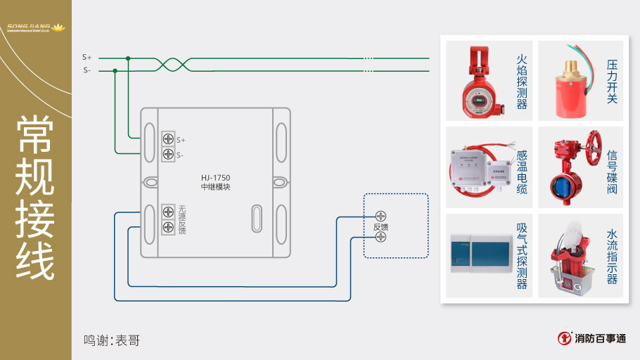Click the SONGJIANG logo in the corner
pyautogui.click(x=34, y=28)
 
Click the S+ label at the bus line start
pyautogui.click(x=87, y=57)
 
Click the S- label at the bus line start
pyautogui.click(x=87, y=70)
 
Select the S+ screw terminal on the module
pyautogui.click(x=169, y=139)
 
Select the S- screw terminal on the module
pyautogui.click(x=169, y=154)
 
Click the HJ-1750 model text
pyautogui.click(x=216, y=177)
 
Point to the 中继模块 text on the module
pyautogui.click(x=216, y=187)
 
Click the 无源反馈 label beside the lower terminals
pyautogui.click(x=182, y=219)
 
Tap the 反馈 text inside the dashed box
pyautogui.click(x=380, y=227)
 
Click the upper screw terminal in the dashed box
pyautogui.click(x=380, y=216)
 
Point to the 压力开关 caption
pyautogui.click(x=612, y=82)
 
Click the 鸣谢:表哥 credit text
pyautogui.click(x=112, y=340)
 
